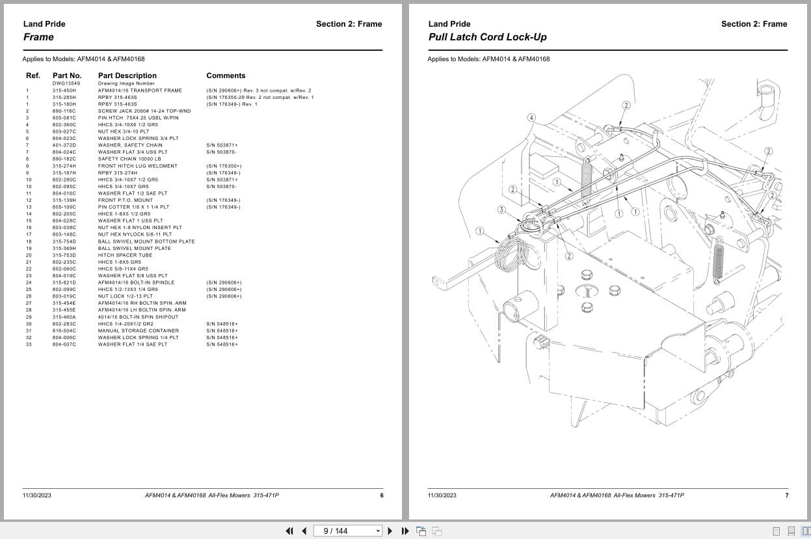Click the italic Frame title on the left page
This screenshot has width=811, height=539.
(x=38, y=37)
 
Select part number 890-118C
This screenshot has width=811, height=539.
(x=64, y=111)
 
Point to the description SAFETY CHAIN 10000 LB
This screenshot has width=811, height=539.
(x=129, y=159)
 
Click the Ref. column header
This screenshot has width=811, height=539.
(x=33, y=76)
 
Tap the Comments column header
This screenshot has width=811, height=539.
(x=226, y=76)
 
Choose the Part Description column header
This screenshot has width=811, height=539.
(x=127, y=76)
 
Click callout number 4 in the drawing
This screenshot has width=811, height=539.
(x=531, y=118)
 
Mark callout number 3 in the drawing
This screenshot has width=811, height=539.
(x=501, y=210)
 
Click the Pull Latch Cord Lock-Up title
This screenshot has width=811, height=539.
(x=487, y=37)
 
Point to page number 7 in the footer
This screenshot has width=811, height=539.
(x=786, y=495)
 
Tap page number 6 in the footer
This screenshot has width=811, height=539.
(x=382, y=495)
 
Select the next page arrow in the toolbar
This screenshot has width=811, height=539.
(x=390, y=531)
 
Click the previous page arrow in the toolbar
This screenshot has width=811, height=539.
(x=304, y=531)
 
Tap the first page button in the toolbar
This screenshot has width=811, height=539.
(x=289, y=531)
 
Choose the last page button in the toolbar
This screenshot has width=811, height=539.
(x=405, y=531)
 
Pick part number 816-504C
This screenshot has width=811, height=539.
(x=64, y=331)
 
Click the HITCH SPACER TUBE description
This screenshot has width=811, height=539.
(x=125, y=255)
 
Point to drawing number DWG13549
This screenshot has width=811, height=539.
(x=66, y=83)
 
